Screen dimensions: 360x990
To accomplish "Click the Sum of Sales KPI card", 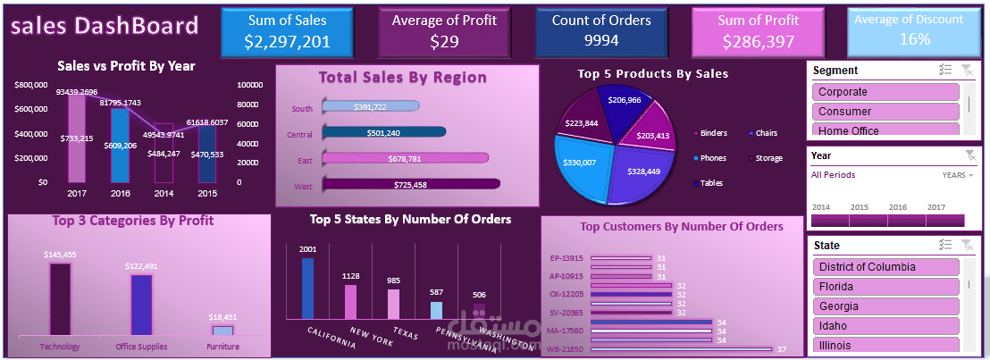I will (287, 31).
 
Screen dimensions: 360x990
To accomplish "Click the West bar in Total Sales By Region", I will (410, 185).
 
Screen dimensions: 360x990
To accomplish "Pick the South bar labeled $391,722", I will (369, 107).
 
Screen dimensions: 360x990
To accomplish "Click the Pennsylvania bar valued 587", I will (436, 310).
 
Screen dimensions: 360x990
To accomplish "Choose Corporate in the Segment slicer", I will (885, 92).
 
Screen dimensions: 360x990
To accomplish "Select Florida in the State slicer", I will (885, 287).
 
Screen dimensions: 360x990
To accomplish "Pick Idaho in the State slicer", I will (885, 326).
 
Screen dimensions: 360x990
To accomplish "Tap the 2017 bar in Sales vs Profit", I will (77, 138).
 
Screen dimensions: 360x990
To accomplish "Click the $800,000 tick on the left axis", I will (31, 85).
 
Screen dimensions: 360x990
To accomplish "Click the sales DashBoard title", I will (105, 28).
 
